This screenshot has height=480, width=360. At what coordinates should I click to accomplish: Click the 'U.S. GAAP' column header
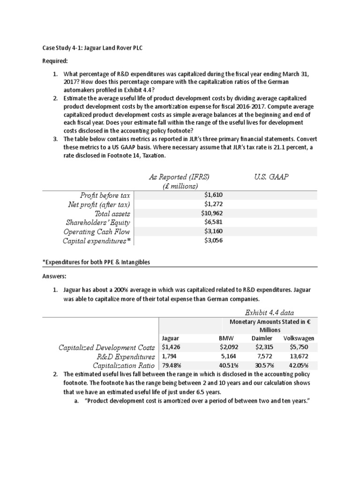pos(271,177)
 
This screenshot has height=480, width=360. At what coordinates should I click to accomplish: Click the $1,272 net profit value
pos(213,204)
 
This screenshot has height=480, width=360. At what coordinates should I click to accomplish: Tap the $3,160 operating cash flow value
pos(213,232)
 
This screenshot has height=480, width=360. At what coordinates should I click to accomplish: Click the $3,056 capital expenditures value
pos(213,240)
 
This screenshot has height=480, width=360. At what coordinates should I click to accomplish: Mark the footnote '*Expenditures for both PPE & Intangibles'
pos(97,262)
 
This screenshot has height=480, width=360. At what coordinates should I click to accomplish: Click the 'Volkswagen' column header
pos(299,338)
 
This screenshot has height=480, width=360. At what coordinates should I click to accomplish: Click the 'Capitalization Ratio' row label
pos(124,365)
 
